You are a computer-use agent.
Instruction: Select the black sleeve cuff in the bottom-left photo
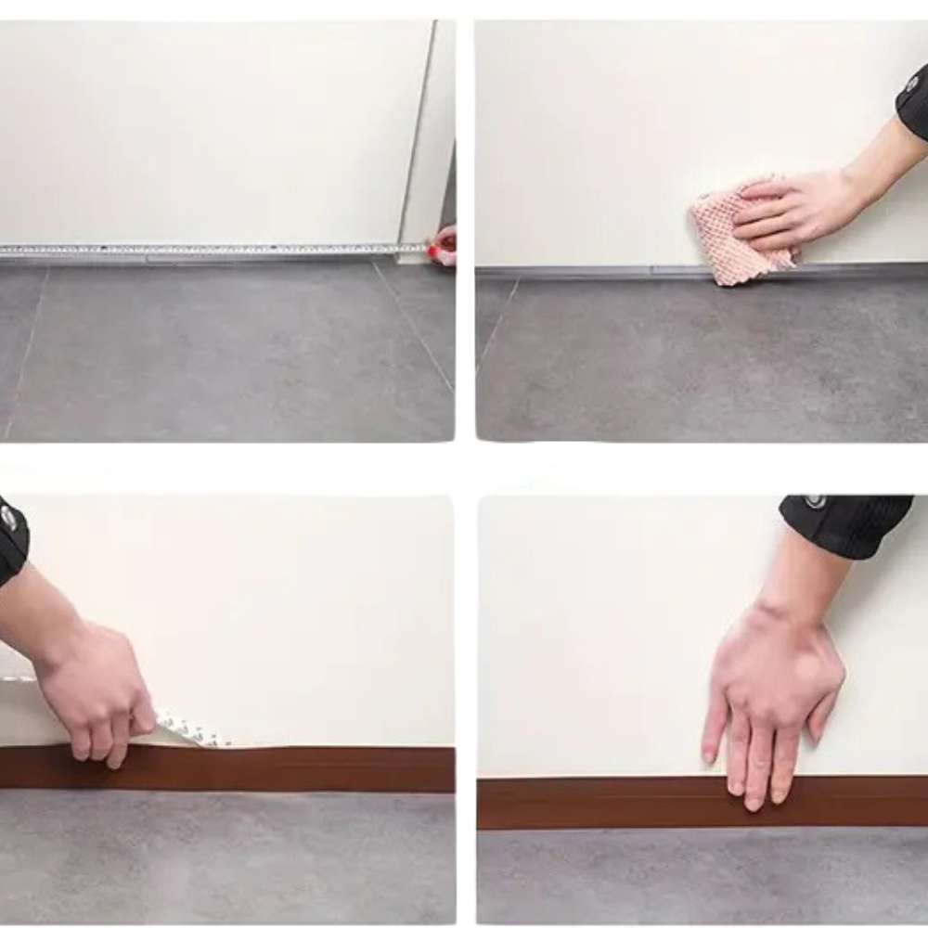pyautogui.click(x=11, y=538)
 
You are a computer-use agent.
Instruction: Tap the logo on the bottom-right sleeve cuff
pyautogui.click(x=815, y=501)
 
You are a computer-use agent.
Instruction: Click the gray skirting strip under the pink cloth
pyautogui.click(x=603, y=270)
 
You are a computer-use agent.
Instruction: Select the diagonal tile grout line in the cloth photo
pyautogui.click(x=497, y=325)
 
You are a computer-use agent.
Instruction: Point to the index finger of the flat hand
pyautogui.click(x=715, y=733)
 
